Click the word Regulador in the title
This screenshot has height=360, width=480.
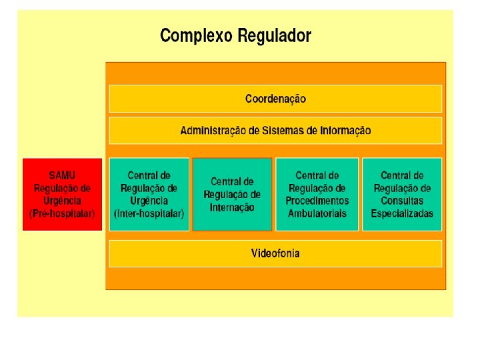(275, 35)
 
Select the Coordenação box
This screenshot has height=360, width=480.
(275, 99)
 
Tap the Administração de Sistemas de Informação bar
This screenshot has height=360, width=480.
(275, 131)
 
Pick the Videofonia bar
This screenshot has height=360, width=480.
(275, 253)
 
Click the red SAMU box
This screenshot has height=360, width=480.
(62, 194)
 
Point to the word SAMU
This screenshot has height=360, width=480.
(63, 175)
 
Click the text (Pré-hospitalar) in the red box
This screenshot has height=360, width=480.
(63, 213)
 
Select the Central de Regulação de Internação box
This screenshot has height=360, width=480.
(232, 194)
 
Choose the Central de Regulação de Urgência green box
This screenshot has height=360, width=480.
(149, 194)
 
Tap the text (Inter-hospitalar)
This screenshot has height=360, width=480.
(149, 213)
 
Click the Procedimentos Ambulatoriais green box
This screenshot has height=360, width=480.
(317, 194)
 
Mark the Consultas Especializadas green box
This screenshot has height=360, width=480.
(402, 194)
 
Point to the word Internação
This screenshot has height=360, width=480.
(232, 207)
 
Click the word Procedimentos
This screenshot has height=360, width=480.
(317, 201)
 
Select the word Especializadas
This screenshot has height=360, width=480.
(402, 213)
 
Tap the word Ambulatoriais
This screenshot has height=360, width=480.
(317, 213)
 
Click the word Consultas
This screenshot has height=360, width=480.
(402, 201)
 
